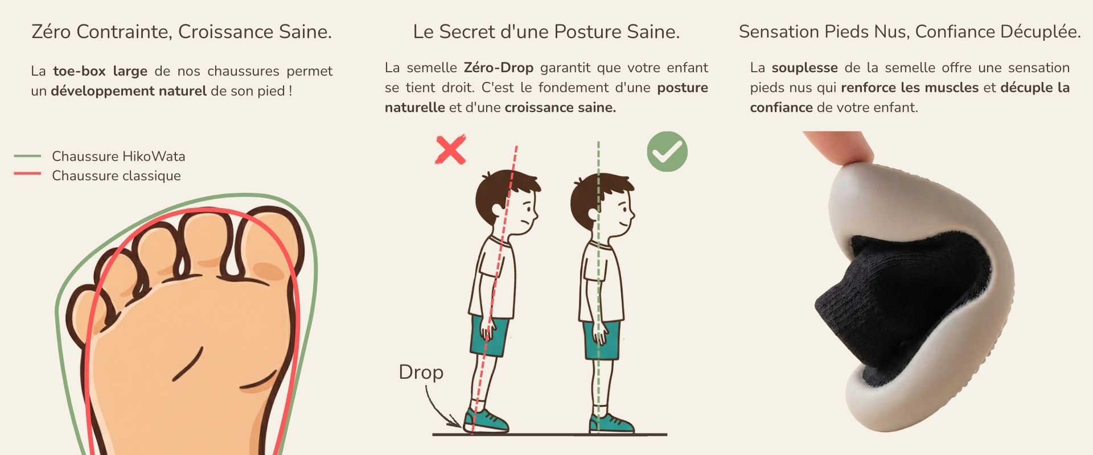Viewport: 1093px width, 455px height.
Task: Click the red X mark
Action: (450, 150)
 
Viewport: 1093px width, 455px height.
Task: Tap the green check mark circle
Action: (667, 151)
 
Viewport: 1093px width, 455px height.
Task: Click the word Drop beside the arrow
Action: (421, 372)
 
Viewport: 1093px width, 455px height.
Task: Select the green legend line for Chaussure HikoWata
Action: (27, 156)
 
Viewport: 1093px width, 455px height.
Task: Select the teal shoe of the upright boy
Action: (610, 423)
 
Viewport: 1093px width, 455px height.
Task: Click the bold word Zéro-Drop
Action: (498, 68)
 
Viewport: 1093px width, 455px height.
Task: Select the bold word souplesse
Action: (804, 68)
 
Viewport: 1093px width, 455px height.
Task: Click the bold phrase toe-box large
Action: (100, 71)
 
